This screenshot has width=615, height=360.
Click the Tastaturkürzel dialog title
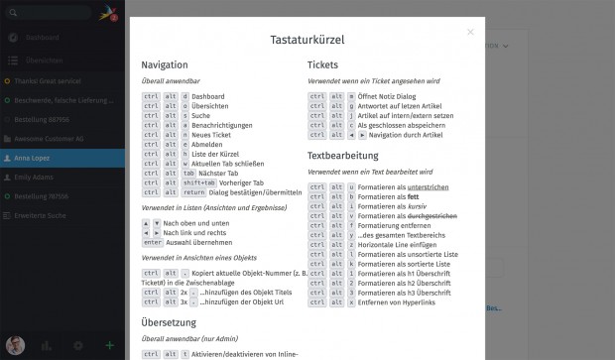pos(306,40)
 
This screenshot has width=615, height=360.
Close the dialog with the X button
pos(470,32)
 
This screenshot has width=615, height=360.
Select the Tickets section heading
pos(323,64)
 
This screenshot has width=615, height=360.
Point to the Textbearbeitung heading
pos(343,156)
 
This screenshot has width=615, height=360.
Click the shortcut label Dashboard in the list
pos(208,96)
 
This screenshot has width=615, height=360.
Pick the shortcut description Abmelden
pos(208,144)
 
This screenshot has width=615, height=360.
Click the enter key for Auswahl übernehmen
pos(152,242)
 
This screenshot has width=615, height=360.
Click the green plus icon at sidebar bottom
pos(109,345)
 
